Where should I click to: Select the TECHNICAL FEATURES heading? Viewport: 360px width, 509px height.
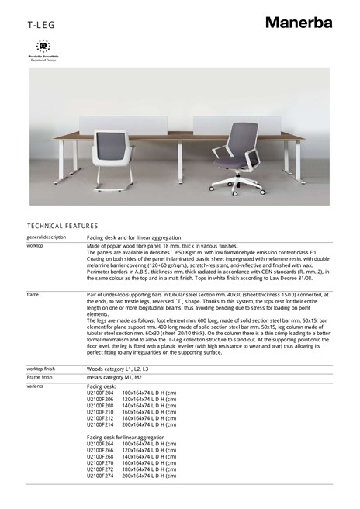tap(62, 226)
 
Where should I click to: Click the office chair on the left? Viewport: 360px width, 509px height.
tap(112, 158)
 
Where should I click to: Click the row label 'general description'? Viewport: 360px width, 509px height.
tap(47, 237)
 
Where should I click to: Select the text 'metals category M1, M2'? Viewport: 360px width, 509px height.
tap(114, 377)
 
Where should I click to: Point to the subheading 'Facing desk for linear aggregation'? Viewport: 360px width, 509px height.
tap(126, 438)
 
